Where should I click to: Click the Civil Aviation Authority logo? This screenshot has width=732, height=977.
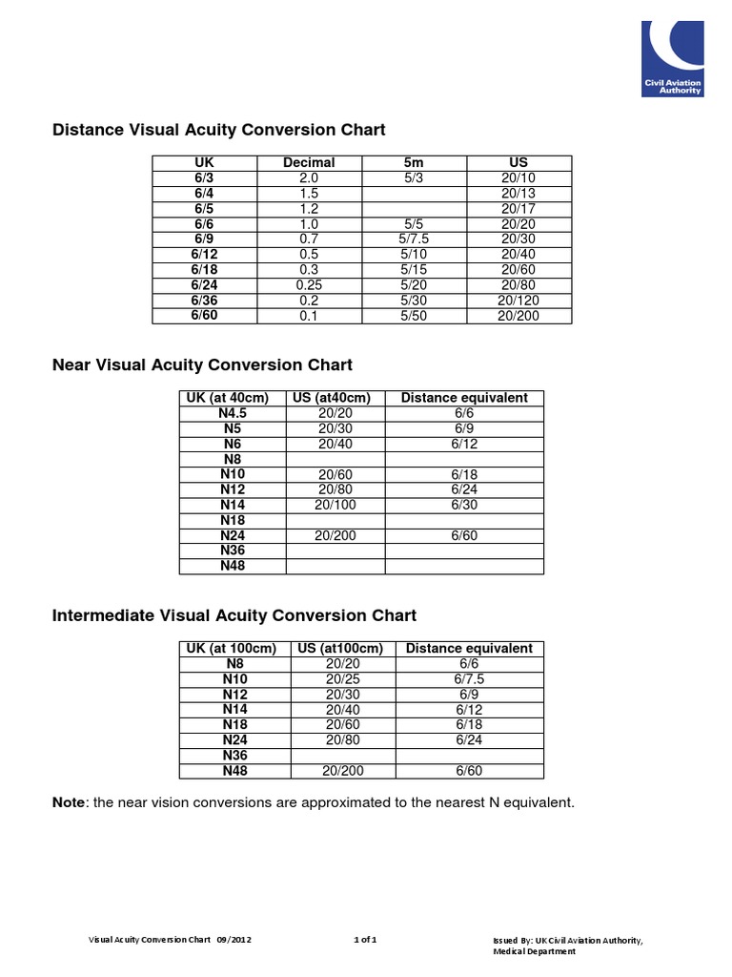678,59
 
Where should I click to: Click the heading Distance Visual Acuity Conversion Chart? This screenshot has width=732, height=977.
218,130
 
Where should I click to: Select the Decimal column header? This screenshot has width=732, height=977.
309,163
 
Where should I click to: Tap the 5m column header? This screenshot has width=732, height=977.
414,163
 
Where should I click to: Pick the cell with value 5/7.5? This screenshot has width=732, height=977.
414,239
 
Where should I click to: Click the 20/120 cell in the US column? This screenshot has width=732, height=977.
518,301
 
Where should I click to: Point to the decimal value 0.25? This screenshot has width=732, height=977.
309,285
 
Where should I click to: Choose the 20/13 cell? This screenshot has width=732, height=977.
518,194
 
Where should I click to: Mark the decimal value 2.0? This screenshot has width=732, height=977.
309,178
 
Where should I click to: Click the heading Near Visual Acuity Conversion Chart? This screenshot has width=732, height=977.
202,365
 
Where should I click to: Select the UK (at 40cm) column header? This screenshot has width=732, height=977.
233,398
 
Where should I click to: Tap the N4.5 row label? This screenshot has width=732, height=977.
233,413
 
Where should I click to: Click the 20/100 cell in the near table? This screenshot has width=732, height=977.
335,505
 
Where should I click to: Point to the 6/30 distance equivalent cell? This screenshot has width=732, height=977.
464,505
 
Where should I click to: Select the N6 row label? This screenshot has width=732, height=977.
233,444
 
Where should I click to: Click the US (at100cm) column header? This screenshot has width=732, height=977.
340,649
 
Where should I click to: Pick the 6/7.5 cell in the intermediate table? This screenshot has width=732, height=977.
469,679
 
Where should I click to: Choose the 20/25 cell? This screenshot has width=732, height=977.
340,679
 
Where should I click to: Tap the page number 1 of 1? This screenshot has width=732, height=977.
365,940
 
